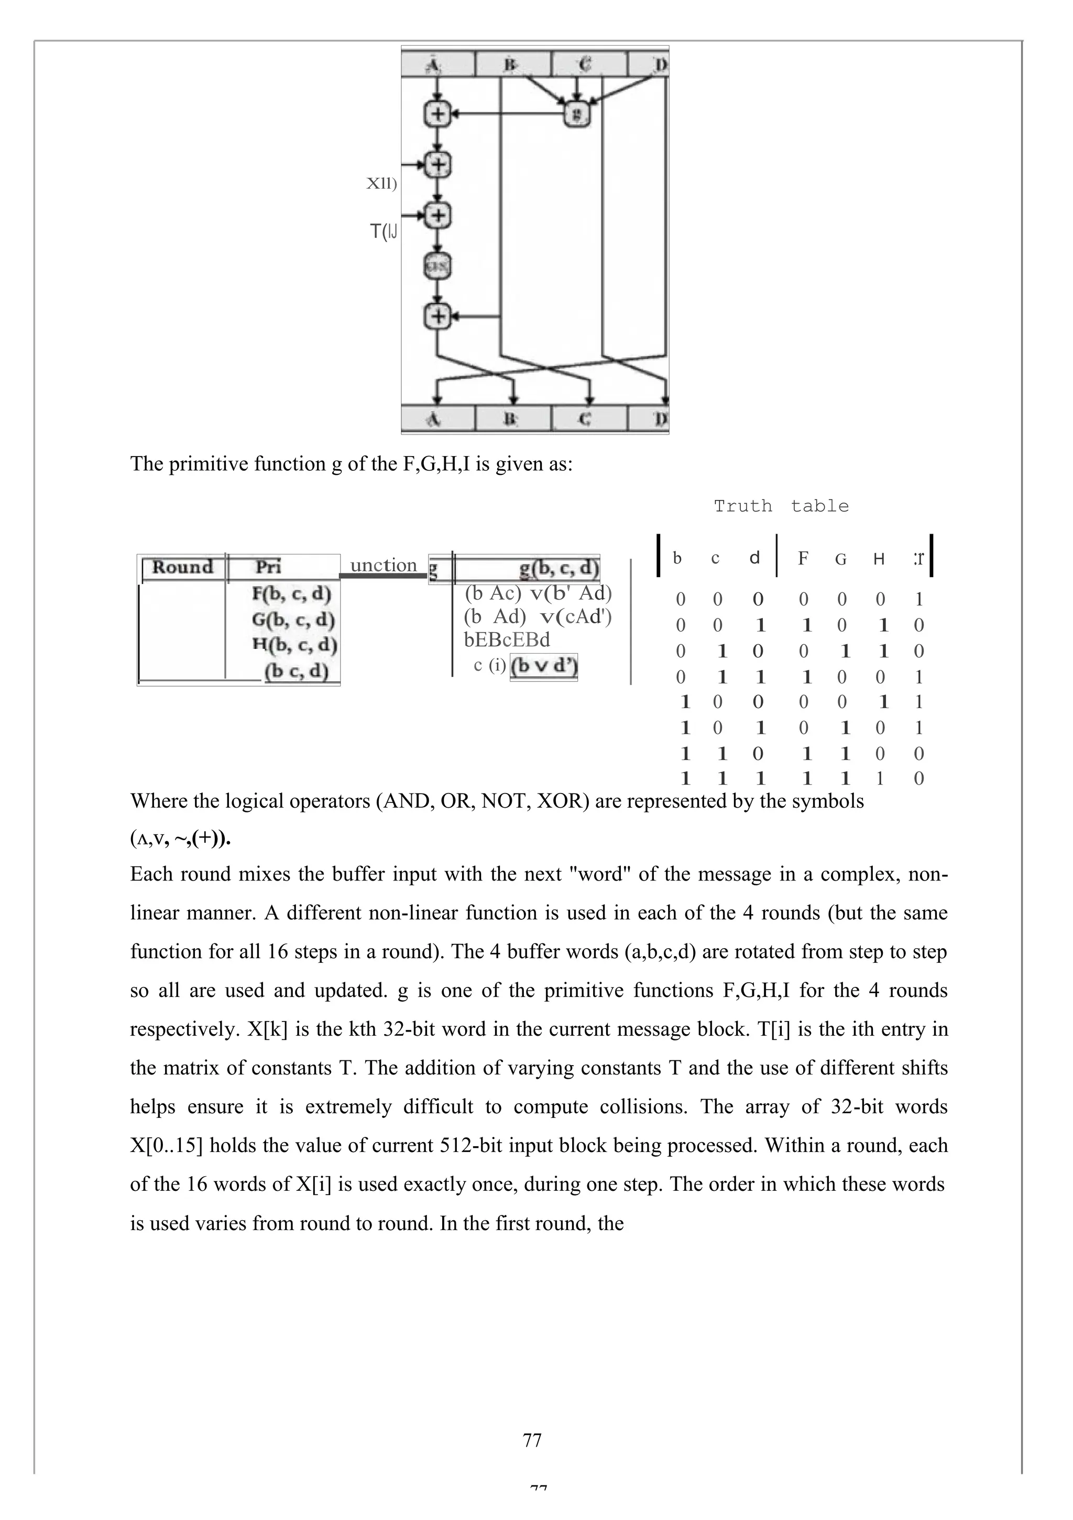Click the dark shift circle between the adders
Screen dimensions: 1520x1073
(x=437, y=267)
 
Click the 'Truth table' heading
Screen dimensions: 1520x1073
(x=781, y=506)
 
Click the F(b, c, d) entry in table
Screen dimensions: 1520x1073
(x=291, y=593)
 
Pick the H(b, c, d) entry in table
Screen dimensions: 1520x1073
(x=294, y=644)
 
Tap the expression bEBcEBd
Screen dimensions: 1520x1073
(x=507, y=640)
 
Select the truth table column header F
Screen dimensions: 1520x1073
(x=803, y=559)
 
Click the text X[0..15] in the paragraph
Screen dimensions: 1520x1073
(x=167, y=1145)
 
